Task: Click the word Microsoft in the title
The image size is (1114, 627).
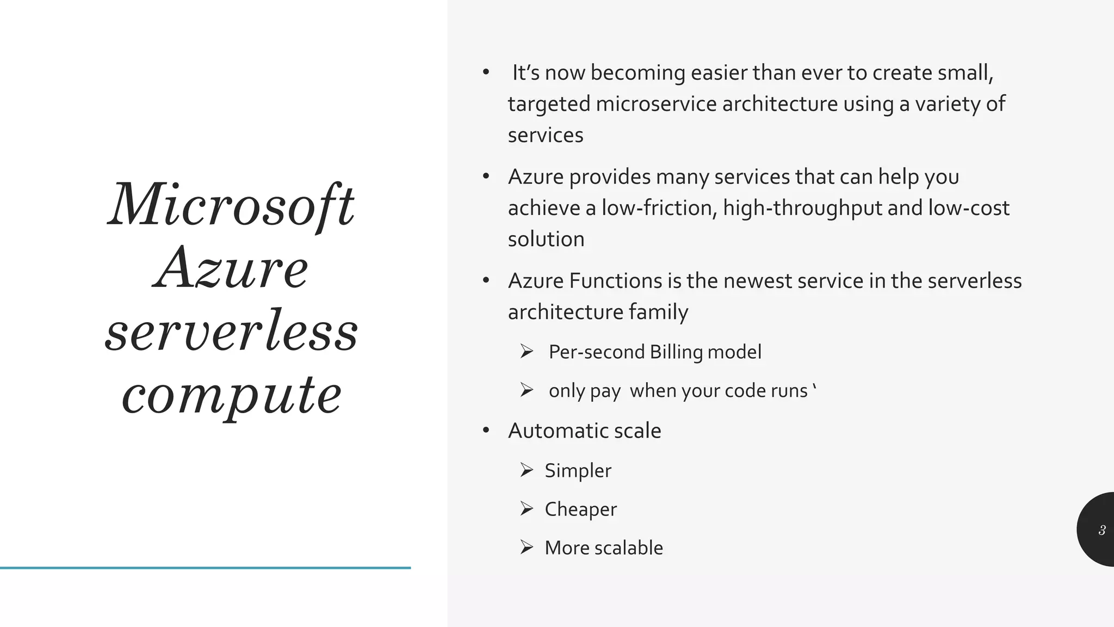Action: pos(231,206)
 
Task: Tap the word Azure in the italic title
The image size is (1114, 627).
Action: pos(231,268)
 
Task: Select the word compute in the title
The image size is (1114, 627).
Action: pos(232,395)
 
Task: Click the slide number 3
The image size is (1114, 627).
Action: pos(1101,530)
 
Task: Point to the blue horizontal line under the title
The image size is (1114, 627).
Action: pos(205,568)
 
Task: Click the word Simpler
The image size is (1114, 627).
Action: pos(578,471)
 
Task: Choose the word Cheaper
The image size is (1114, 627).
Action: pos(580,509)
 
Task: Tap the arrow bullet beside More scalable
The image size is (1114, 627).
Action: pos(526,547)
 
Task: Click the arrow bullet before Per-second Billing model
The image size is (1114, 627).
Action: pos(526,352)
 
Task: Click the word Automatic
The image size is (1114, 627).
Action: pos(554,431)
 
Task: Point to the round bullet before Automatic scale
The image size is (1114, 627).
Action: pos(486,431)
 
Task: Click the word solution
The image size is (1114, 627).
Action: pos(546,239)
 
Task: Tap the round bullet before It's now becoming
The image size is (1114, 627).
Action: pos(486,72)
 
